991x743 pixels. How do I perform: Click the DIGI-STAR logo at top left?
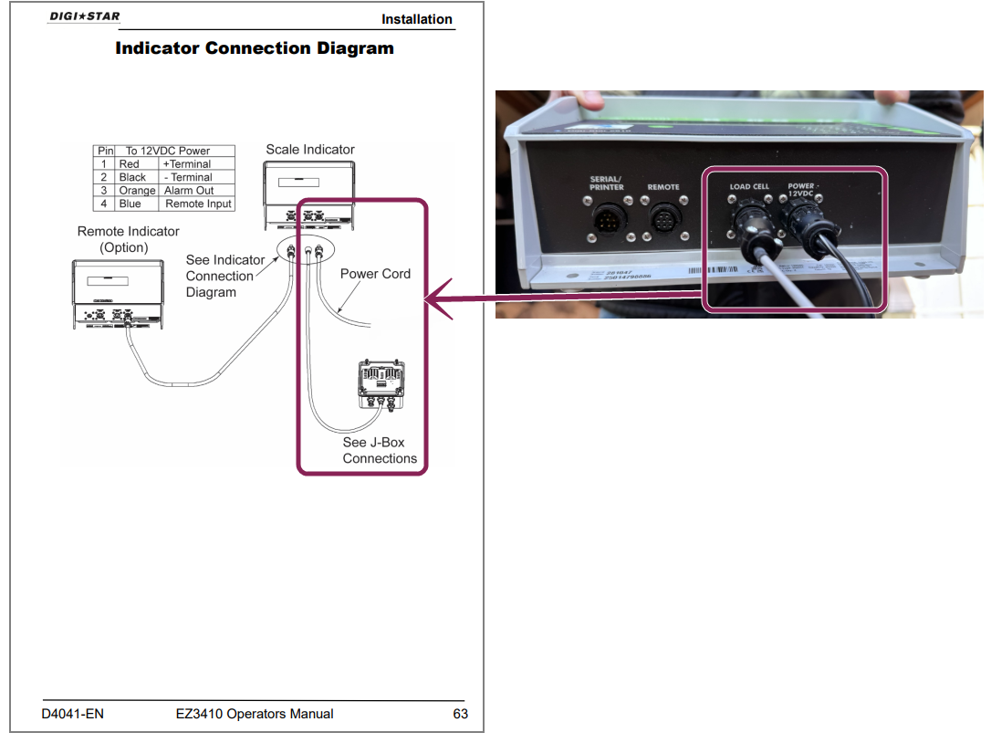pyautogui.click(x=84, y=16)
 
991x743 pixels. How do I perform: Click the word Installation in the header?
pyautogui.click(x=416, y=19)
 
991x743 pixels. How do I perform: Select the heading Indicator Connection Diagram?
pyautogui.click(x=255, y=48)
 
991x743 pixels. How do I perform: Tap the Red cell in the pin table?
pyautogui.click(x=130, y=164)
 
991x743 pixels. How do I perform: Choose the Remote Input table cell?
pyautogui.click(x=198, y=204)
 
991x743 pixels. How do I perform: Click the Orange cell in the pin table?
pyautogui.click(x=137, y=191)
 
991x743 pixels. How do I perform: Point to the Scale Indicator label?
pyautogui.click(x=310, y=150)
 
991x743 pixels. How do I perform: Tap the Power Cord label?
pyautogui.click(x=375, y=274)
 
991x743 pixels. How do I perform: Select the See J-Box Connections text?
pyautogui.click(x=379, y=450)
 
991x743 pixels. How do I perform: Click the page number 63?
pyautogui.click(x=461, y=714)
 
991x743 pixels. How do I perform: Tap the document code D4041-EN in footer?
pyautogui.click(x=73, y=714)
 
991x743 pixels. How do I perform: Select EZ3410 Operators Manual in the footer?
pyautogui.click(x=255, y=714)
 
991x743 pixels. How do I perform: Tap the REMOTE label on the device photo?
pyautogui.click(x=663, y=187)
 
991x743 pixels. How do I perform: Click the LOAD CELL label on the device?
pyautogui.click(x=749, y=187)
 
